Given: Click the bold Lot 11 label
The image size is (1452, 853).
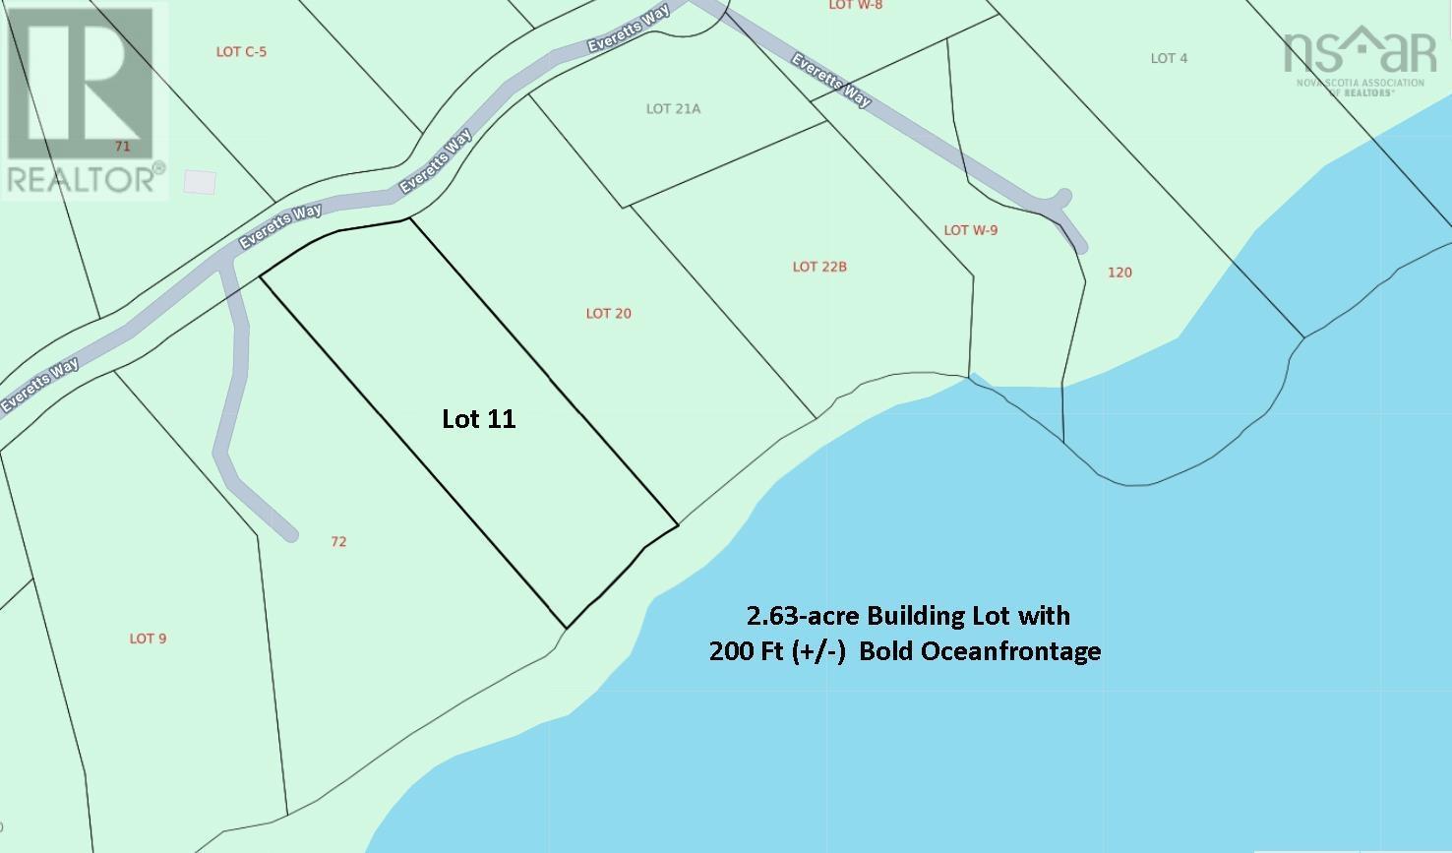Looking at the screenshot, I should (x=479, y=419).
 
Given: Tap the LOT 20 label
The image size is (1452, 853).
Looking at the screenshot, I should (x=608, y=314).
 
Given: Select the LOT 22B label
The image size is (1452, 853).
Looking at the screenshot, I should (x=819, y=267).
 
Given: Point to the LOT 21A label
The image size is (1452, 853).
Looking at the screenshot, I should (x=673, y=109).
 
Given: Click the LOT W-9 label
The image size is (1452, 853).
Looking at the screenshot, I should (x=970, y=230).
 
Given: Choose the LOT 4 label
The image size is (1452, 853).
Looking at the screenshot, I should (x=1169, y=58).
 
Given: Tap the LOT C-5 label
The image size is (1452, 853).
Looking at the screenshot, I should (x=241, y=51).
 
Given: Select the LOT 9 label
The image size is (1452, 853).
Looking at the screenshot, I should (x=148, y=639).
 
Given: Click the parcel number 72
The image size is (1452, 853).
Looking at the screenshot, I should (x=338, y=541).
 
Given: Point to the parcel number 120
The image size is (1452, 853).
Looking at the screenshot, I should (x=1119, y=273).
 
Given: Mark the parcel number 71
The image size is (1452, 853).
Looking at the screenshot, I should (x=122, y=147).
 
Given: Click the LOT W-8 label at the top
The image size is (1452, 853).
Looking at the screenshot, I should (x=855, y=5).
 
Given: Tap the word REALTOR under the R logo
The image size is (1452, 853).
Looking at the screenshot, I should (x=81, y=180).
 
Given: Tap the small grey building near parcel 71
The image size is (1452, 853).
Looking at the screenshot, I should (x=200, y=182).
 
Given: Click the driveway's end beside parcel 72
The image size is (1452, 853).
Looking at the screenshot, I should (x=289, y=534).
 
